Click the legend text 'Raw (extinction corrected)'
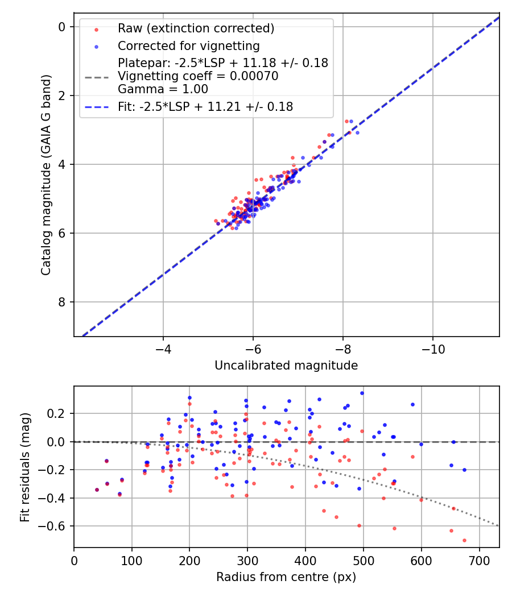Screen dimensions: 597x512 click(196, 28)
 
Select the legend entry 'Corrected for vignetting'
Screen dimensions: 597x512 click(188, 46)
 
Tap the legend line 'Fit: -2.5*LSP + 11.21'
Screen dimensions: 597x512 click(205, 106)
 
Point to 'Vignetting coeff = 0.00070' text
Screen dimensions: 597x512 click(198, 76)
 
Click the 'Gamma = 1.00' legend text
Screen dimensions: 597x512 click(163, 89)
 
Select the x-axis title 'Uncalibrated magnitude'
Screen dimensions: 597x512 click(286, 366)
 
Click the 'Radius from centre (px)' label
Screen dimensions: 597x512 click(286, 577)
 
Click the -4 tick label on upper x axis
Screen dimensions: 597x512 click(163, 347)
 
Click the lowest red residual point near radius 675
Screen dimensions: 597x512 click(464, 540)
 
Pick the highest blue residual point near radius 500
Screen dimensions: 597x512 click(362, 393)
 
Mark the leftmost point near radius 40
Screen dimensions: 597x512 click(97, 490)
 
